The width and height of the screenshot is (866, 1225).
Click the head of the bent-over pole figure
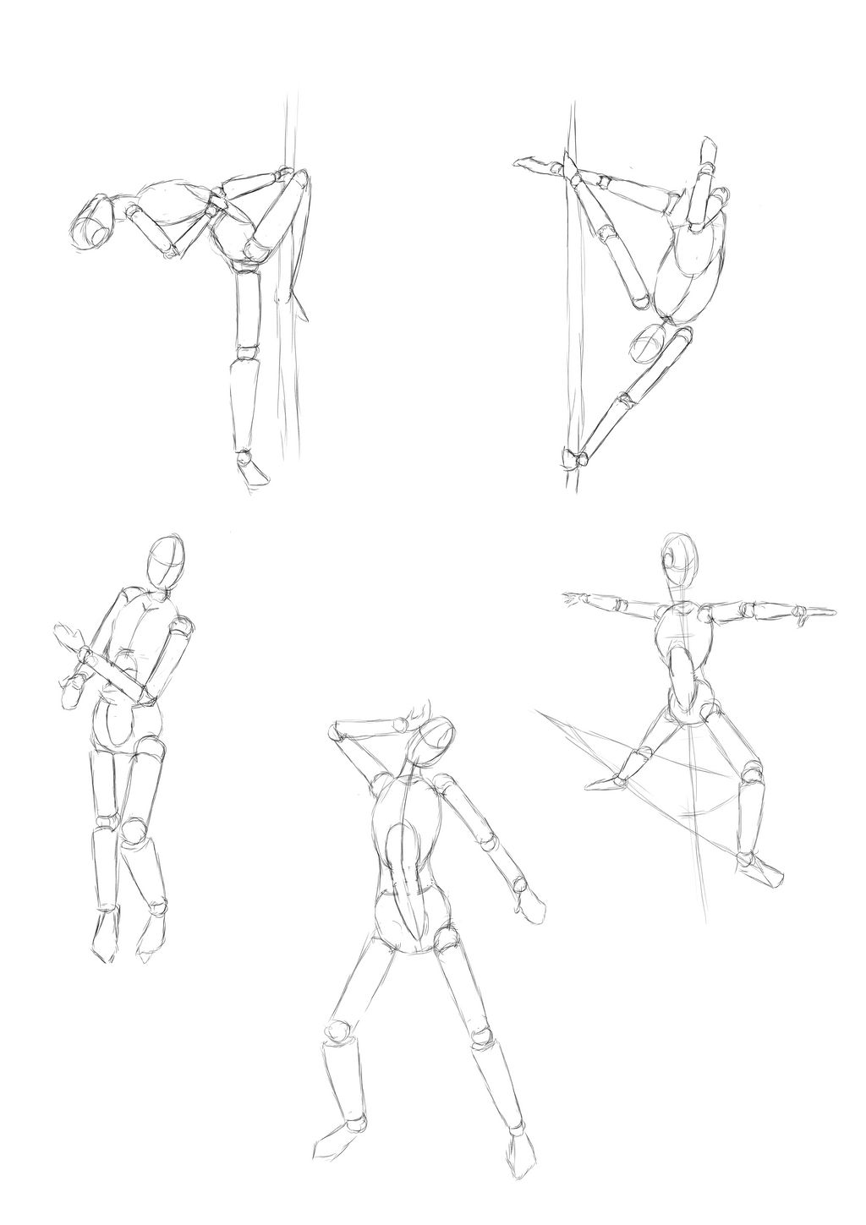coord(95,222)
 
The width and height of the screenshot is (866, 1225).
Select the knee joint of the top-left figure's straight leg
coord(246,350)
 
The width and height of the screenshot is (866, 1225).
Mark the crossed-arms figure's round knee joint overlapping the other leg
coord(133,830)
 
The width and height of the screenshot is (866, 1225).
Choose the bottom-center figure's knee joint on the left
coord(338,1033)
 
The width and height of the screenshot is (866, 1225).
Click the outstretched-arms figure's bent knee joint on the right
coord(750,772)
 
